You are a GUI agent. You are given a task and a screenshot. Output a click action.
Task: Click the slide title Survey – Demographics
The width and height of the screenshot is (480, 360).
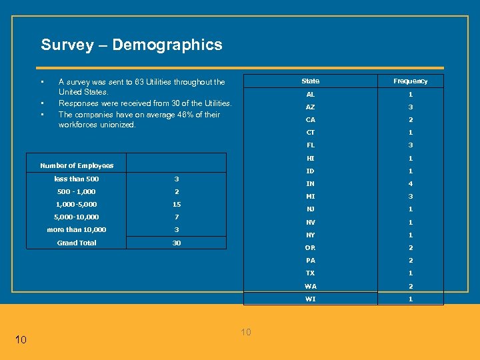coord(131,45)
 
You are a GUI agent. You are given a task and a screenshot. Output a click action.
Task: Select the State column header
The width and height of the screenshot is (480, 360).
coord(311,81)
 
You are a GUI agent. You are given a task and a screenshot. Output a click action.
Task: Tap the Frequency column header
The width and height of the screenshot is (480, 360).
coord(411,81)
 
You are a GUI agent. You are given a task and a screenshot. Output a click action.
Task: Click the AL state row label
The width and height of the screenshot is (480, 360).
coord(311,95)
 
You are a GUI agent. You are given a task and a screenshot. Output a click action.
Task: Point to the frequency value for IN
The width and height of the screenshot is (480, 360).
coord(411,184)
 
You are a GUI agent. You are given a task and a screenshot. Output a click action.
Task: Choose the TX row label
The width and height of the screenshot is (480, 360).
coord(311,273)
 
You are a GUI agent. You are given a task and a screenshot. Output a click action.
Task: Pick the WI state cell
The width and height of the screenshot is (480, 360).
coord(311,299)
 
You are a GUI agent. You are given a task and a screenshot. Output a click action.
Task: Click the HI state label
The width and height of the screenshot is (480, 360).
coord(311,159)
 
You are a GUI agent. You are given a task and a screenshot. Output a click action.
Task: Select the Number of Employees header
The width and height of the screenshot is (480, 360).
coord(77,165)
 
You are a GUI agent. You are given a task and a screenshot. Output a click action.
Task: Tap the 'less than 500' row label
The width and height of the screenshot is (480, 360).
coord(77,179)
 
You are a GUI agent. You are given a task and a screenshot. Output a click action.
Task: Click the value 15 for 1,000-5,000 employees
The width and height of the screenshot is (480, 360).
coord(177,204)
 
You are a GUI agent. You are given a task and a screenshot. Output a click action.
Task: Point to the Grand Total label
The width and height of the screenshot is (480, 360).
coord(77,243)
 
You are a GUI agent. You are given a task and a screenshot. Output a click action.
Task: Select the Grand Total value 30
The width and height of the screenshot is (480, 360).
coord(177,243)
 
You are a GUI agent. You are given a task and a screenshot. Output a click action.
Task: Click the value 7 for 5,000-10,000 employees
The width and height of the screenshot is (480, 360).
coord(177,217)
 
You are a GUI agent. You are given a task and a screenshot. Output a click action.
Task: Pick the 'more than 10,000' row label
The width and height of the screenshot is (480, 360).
coord(77,230)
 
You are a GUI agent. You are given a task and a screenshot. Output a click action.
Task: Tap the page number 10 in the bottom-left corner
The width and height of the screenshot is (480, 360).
coord(21,340)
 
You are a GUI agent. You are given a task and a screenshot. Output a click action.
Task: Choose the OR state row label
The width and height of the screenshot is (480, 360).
coord(311,248)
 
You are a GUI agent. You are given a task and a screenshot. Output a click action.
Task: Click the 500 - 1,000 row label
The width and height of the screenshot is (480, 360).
coord(77,191)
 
